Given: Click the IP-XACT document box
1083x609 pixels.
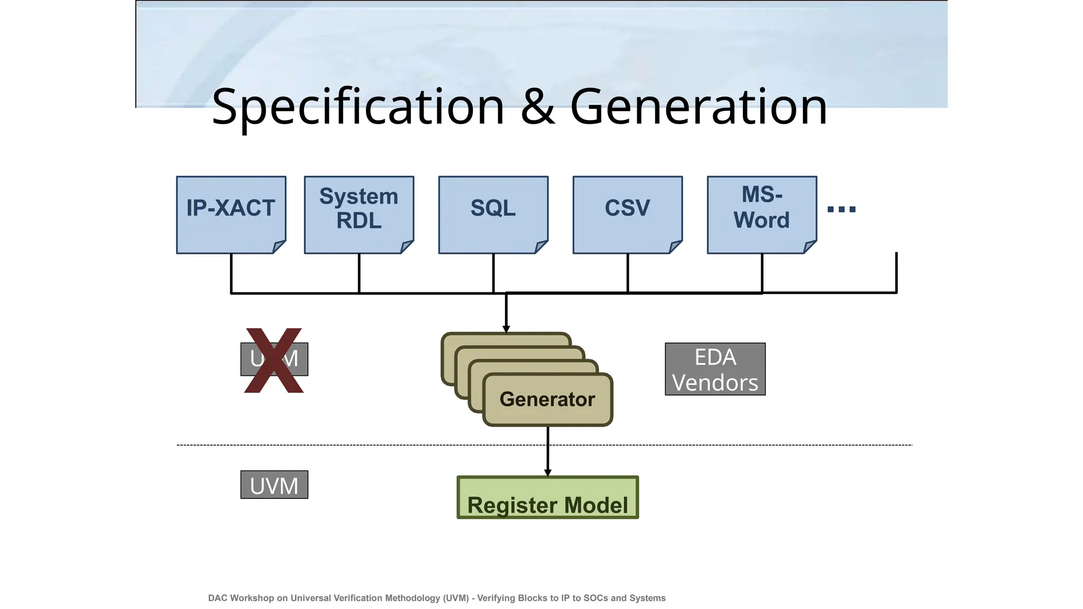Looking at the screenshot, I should tap(231, 214).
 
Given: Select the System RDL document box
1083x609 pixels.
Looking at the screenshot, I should tap(359, 214).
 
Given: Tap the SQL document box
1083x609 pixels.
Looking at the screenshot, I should tap(493, 214).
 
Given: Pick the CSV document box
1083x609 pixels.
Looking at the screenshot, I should tap(627, 214).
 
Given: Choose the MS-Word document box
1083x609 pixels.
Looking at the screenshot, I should tap(761, 214).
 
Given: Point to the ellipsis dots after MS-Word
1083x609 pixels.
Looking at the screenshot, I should tap(841, 209).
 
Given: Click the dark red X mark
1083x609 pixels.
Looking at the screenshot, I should tap(274, 361).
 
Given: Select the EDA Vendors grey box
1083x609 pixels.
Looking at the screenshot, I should tap(715, 369).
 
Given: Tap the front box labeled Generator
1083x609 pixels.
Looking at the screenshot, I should tap(547, 400).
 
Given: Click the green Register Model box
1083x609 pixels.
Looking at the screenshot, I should tap(547, 498).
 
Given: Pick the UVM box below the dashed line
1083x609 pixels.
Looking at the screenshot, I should tap(274, 485).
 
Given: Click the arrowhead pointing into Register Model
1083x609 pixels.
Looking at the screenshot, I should tap(547, 473).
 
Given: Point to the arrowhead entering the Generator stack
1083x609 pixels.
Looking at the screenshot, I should tap(506, 329).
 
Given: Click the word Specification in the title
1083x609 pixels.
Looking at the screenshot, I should tap(358, 107).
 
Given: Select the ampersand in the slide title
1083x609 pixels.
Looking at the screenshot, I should tap(537, 107).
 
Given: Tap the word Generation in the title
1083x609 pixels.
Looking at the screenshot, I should tap(698, 107).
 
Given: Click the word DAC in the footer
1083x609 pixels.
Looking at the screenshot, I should tap(218, 598).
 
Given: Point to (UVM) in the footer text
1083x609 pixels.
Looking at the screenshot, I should tap(456, 598).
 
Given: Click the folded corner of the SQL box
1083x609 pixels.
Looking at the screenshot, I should tap(541, 246).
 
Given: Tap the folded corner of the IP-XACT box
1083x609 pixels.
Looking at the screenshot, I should tap(279, 246).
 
